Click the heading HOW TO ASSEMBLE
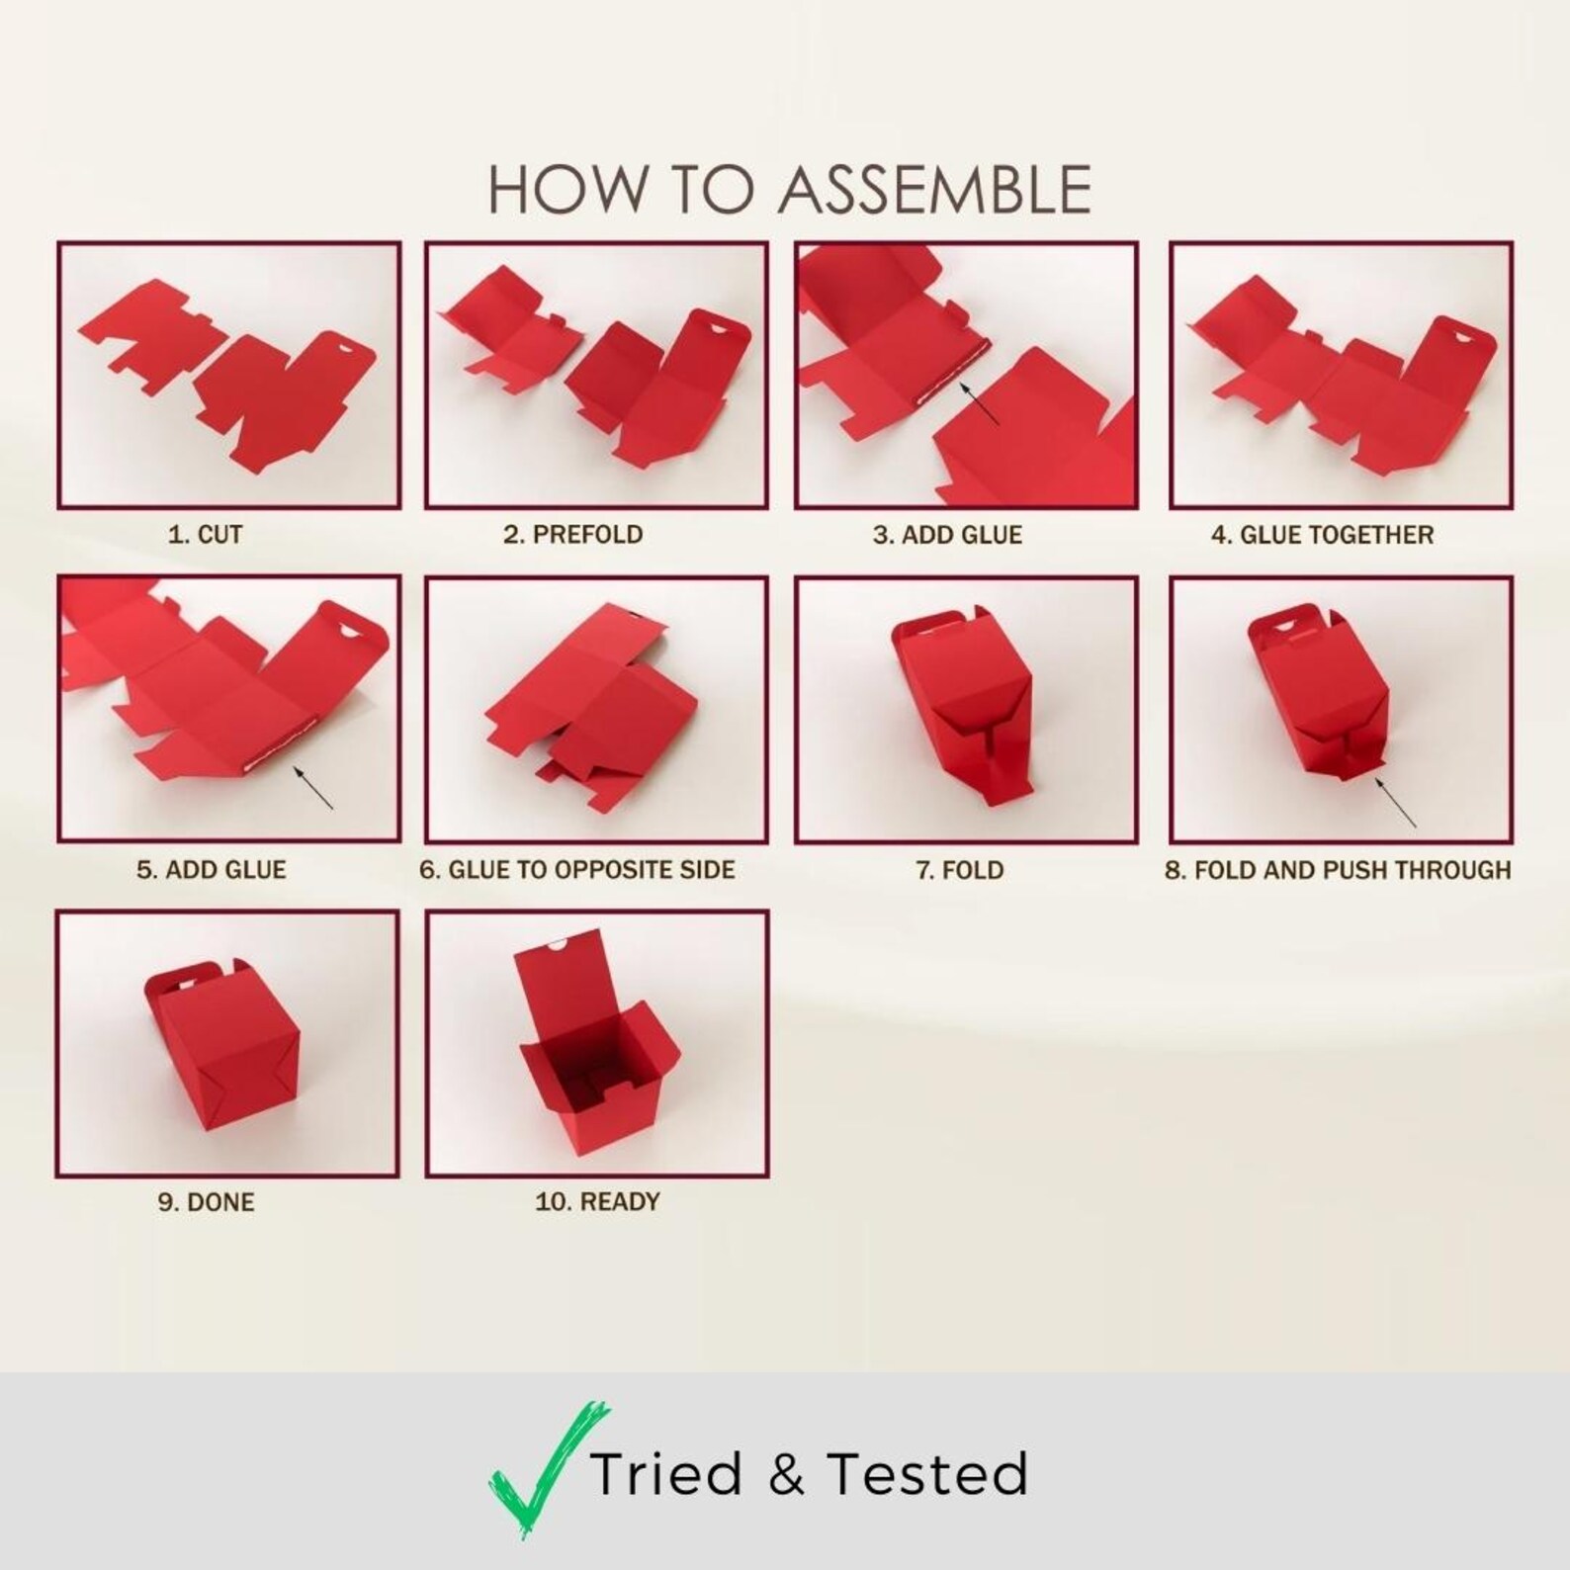point(790,190)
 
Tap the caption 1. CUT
point(206,535)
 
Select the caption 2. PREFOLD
point(573,535)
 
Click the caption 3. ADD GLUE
point(947,535)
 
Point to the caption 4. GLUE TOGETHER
point(1322,535)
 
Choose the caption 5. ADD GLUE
point(212,870)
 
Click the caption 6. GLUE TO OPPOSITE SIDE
point(577,870)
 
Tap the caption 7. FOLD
point(959,870)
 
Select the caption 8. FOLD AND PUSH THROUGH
point(1338,870)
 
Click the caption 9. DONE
point(207,1202)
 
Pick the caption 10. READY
point(597,1202)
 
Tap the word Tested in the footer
point(927,1474)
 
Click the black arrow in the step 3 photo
point(981,403)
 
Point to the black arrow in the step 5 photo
point(313,787)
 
